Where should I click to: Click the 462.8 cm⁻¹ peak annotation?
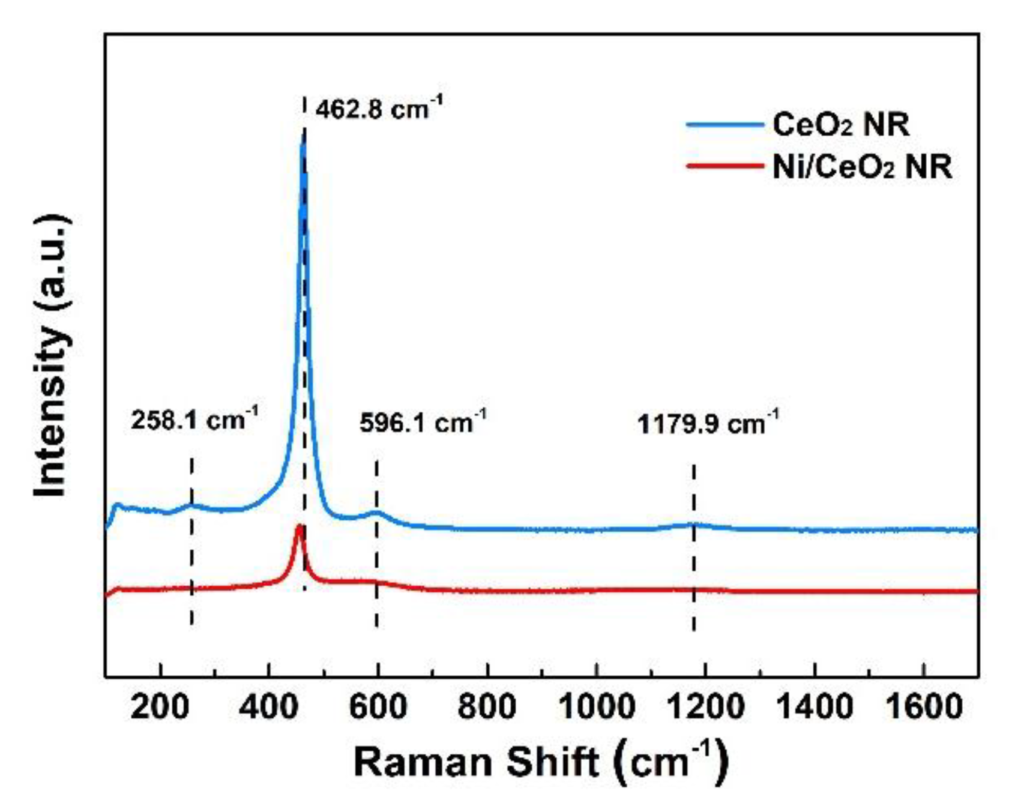click(x=379, y=109)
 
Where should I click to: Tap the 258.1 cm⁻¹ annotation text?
click(x=194, y=420)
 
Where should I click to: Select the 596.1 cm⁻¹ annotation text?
click(x=423, y=423)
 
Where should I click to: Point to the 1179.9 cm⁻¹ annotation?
click(x=707, y=424)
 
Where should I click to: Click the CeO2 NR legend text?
click(x=840, y=125)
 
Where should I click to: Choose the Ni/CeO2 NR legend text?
click(x=862, y=166)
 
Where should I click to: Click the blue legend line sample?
click(x=724, y=125)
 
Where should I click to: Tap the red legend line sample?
click(x=724, y=165)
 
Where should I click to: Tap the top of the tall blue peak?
click(x=303, y=137)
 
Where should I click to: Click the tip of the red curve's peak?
click(x=298, y=527)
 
